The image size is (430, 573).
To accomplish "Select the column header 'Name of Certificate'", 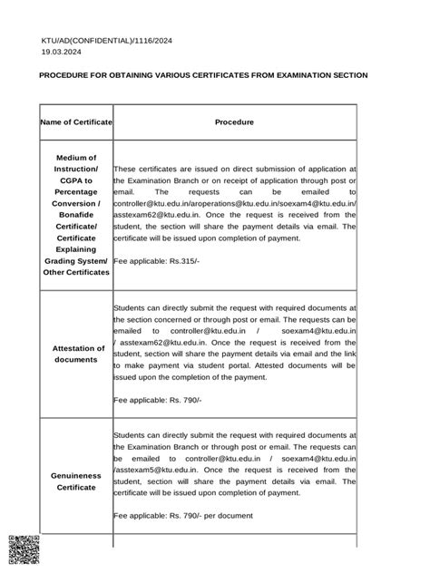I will [x=76, y=121].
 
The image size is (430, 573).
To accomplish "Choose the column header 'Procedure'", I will [x=234, y=121].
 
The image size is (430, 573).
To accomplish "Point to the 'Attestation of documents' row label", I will [x=76, y=354].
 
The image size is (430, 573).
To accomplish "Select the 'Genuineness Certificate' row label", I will [x=76, y=481].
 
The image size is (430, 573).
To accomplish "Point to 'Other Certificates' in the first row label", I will [x=76, y=271].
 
